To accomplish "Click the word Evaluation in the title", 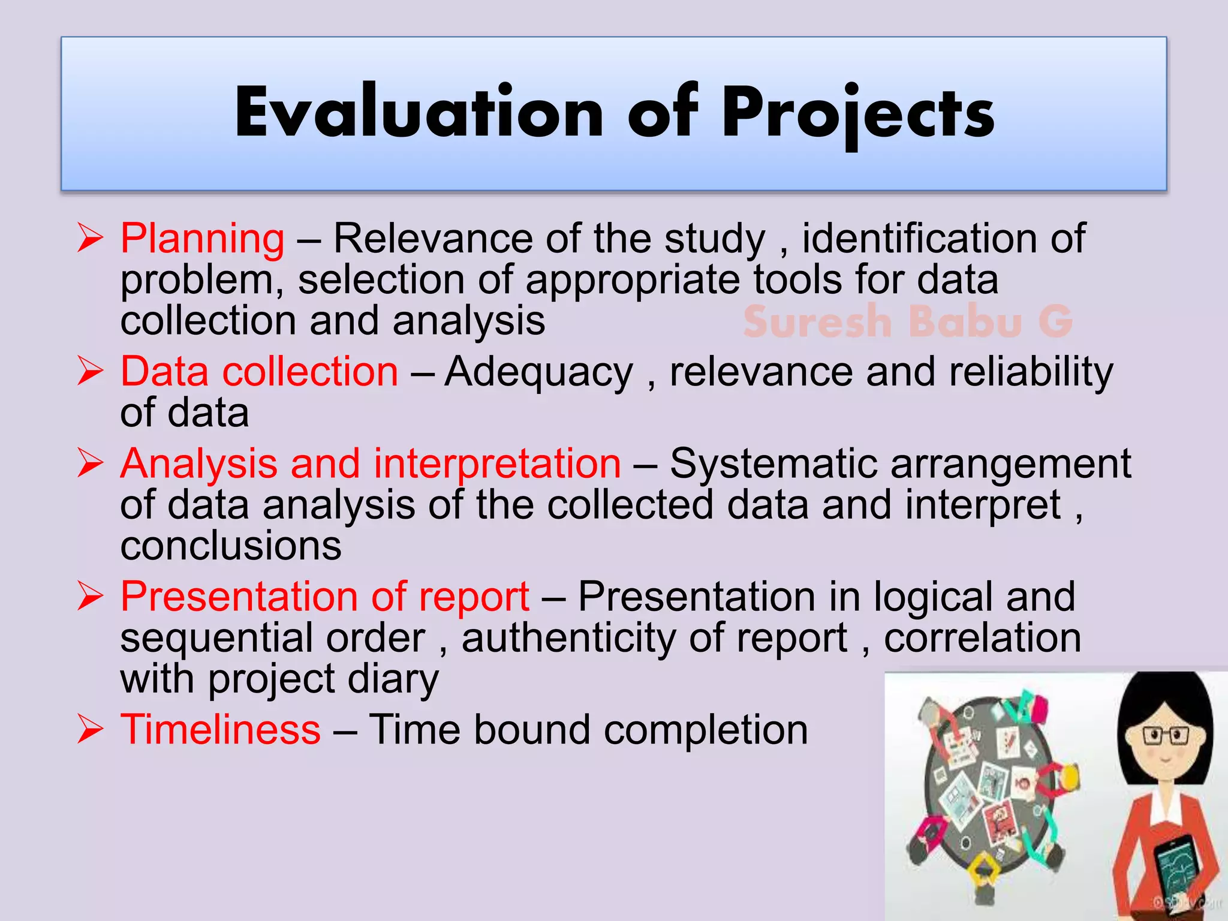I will tap(419, 113).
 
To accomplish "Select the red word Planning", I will tap(202, 239).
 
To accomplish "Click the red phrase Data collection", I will tap(259, 372).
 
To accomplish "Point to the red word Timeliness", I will tap(220, 730).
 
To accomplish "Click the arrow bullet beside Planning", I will tap(91, 239).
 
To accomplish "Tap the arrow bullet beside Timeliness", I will tap(91, 730).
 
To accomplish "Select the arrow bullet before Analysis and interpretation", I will tap(91, 464).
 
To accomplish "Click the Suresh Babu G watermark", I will tap(907, 321).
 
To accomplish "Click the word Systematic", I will tap(773, 464).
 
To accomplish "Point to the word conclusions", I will tap(231, 546).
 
